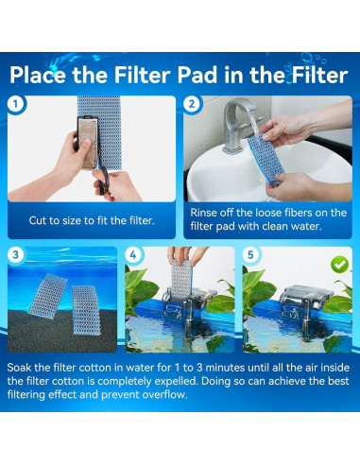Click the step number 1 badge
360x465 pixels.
[15, 104]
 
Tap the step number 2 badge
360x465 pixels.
[192, 104]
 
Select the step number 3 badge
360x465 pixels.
[15, 254]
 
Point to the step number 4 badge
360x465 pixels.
[133, 254]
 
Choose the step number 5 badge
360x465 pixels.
[250, 254]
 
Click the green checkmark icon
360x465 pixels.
[340, 265]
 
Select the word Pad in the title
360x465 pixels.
[197, 76]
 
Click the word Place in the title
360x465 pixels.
[38, 76]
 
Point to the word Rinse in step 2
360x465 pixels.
[203, 213]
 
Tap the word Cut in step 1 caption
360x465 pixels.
[37, 220]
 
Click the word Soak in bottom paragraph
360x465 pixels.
[19, 368]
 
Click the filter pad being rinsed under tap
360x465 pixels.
[266, 158]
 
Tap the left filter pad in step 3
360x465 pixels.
[48, 296]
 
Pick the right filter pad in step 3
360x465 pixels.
[86, 310]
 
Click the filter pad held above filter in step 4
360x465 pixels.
[181, 279]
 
